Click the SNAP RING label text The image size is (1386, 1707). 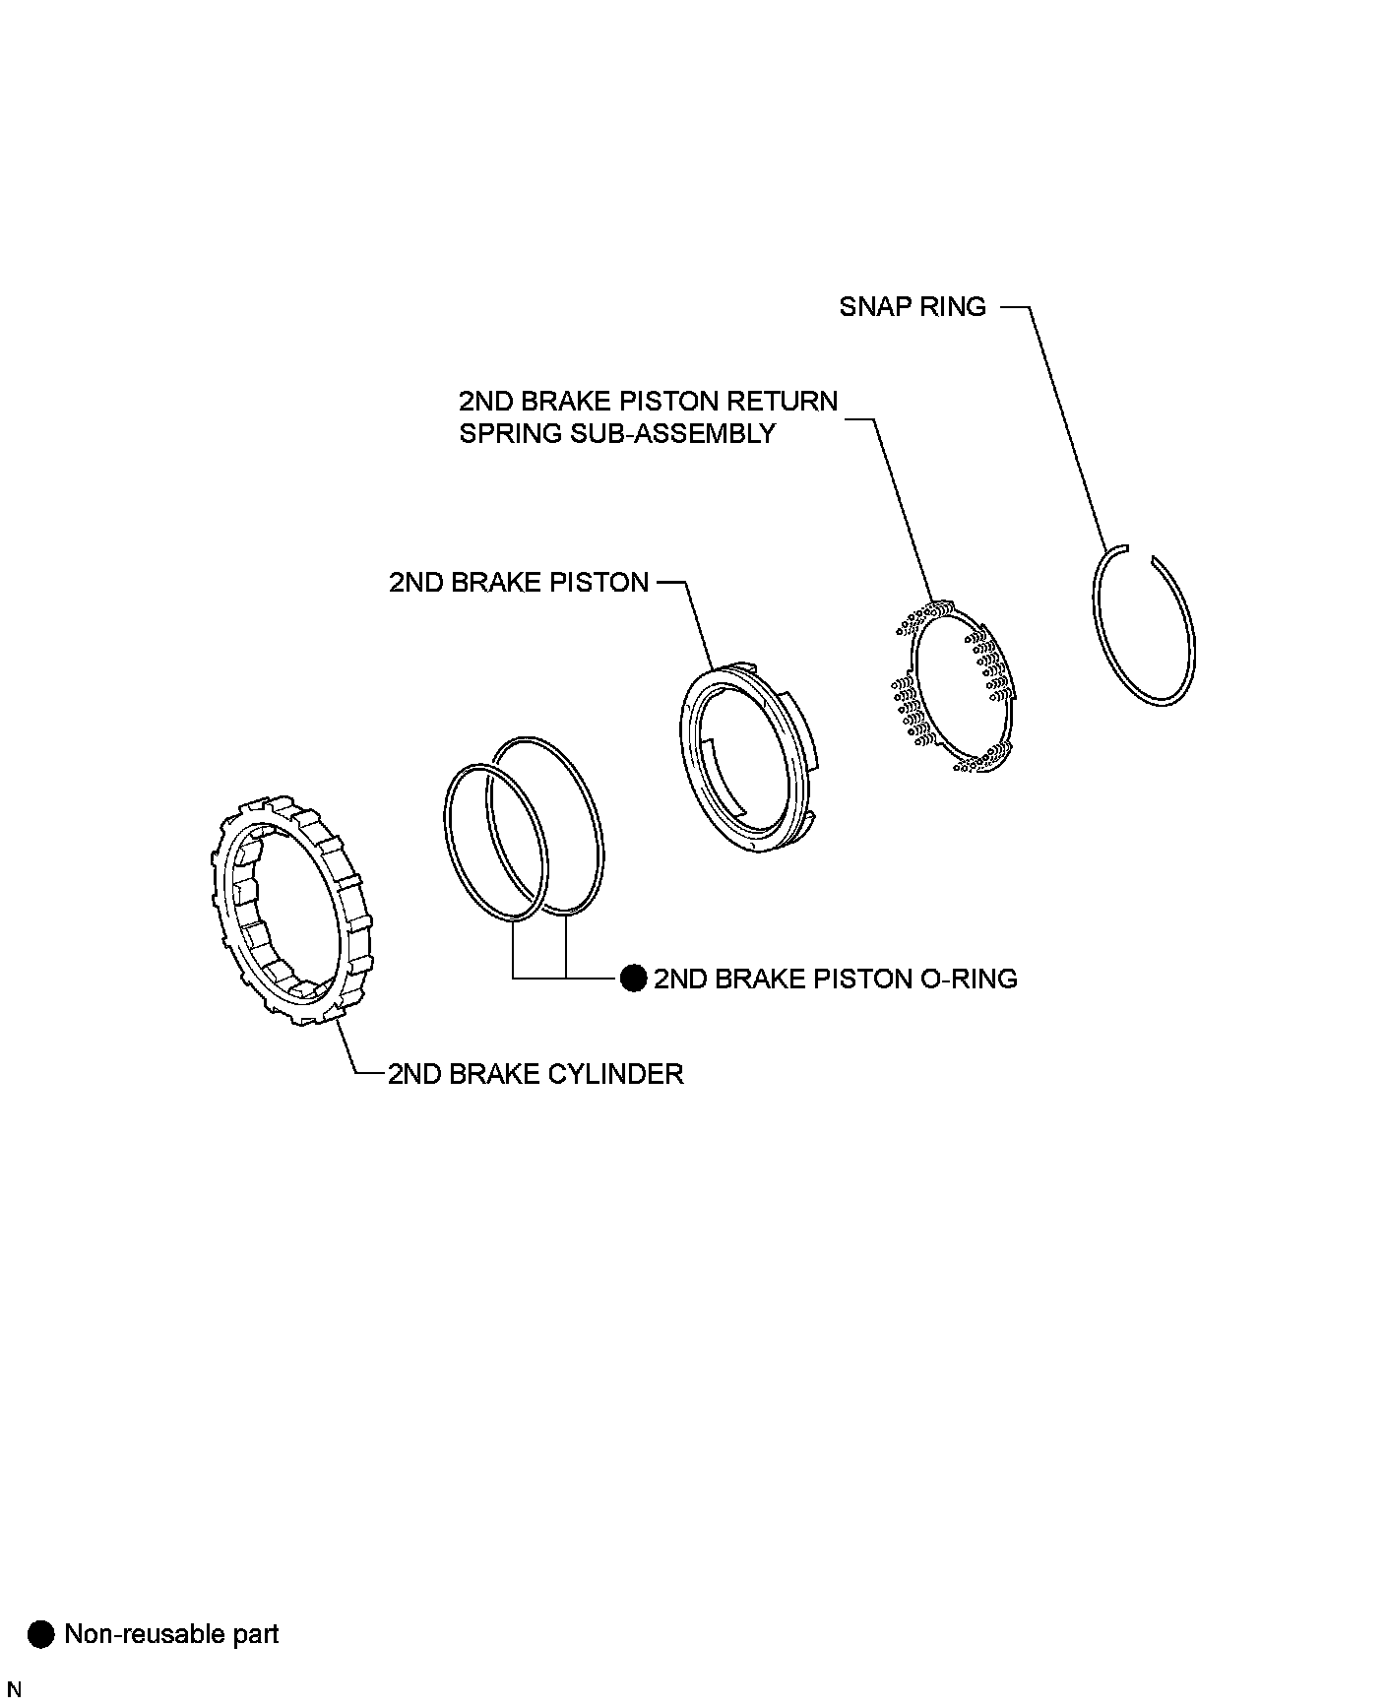912,307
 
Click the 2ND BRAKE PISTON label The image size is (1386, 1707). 519,583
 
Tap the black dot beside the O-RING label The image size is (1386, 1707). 633,979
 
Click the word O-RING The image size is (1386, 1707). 967,979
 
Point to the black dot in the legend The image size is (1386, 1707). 41,1635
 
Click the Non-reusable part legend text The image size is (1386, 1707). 171,1635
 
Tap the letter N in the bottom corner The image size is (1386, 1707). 14,1690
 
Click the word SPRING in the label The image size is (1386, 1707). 510,433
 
